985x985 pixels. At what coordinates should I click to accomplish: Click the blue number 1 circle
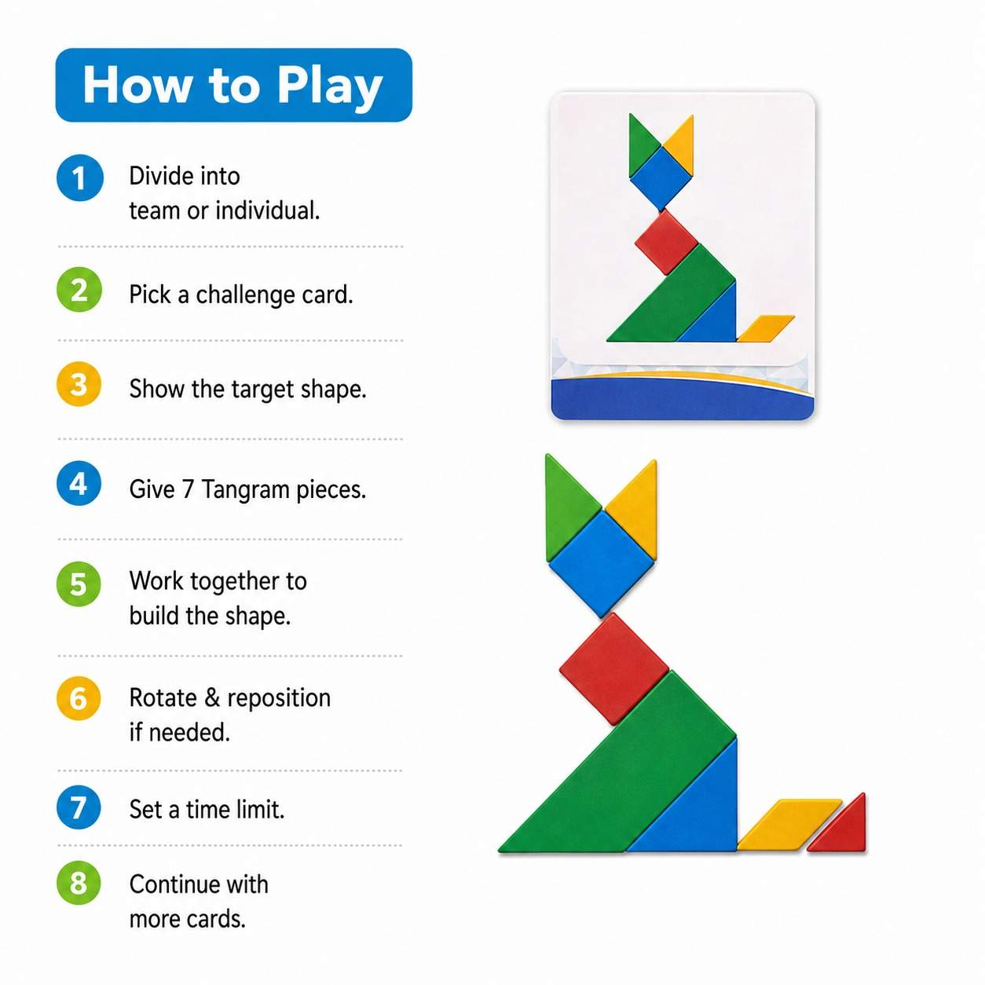[x=80, y=178]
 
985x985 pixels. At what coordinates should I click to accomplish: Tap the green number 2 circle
[x=79, y=289]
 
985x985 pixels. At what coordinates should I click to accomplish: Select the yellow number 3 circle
[x=79, y=384]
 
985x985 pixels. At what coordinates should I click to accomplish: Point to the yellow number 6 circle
[x=79, y=698]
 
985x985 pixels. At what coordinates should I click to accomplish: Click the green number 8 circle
[x=79, y=883]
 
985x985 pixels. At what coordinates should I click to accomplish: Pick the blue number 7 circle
[x=79, y=807]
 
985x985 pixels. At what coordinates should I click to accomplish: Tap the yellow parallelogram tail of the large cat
[x=789, y=825]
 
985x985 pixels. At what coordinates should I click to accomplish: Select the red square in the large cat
[x=614, y=668]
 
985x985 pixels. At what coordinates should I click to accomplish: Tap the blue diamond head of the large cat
[x=602, y=563]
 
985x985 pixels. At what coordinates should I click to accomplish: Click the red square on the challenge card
[x=667, y=242]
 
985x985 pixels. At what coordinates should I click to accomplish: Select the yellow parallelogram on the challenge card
[x=766, y=328]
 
